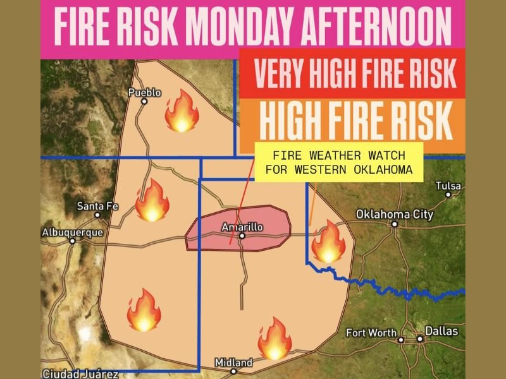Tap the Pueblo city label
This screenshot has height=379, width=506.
point(145,93)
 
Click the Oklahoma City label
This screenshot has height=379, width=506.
point(395,215)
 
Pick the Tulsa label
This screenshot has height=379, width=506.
point(448,186)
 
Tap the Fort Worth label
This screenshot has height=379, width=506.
point(371,333)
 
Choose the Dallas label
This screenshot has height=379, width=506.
point(441,331)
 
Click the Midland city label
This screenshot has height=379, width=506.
point(233,363)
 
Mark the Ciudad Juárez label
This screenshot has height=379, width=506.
point(71,373)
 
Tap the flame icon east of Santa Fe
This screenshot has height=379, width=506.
point(152,200)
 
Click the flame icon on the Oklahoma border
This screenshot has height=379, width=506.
point(328,241)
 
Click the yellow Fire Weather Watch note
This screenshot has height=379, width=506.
point(338,162)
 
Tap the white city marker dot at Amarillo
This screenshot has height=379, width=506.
point(242,237)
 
